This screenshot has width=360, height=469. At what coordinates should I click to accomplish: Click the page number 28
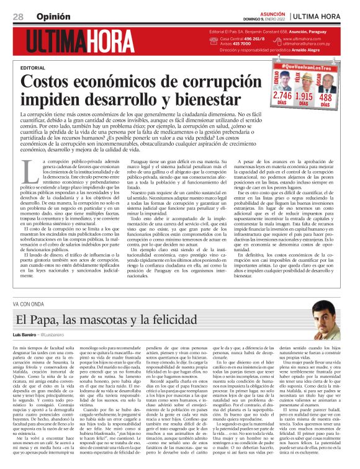point(18,16)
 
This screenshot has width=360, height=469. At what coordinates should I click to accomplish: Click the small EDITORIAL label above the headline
point(32,67)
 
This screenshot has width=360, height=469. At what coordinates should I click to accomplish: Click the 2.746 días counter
point(282,97)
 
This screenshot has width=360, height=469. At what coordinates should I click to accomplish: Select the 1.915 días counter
point(304,97)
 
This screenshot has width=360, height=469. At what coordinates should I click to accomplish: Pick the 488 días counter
point(325,97)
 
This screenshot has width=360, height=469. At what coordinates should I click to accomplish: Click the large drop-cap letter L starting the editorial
point(27,166)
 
